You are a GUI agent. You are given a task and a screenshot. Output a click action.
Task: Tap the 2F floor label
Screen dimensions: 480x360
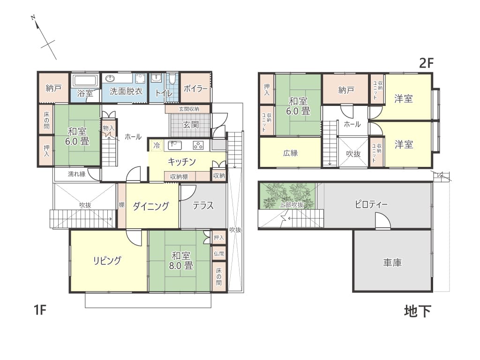pos(427,63)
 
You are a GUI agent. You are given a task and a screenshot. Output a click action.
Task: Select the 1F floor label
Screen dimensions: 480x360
pos(40,310)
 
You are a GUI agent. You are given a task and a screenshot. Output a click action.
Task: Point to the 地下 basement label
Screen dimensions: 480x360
pos(418,311)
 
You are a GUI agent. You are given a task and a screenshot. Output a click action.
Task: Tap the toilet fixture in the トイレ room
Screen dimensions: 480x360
pos(172,78)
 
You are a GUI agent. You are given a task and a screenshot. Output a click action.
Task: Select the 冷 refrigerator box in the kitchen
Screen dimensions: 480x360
pos(157,145)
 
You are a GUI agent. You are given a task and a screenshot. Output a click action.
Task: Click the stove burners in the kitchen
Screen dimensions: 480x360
pos(198,145)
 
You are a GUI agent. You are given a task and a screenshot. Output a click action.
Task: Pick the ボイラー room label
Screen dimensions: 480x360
pos(195,89)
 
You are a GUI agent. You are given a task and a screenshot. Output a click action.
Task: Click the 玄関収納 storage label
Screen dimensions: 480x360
pos(189,109)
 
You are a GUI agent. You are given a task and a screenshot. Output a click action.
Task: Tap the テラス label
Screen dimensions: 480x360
pos(203,205)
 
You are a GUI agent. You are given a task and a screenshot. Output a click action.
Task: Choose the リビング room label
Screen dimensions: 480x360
pos(107,261)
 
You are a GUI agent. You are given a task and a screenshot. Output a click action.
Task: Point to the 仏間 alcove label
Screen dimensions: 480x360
pos(219,254)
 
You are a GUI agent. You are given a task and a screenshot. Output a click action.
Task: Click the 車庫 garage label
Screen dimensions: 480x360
pos(392,262)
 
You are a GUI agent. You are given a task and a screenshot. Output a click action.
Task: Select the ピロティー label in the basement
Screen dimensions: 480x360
pos(371,204)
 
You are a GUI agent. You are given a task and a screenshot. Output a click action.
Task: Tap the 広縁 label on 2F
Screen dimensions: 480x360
pos(290,153)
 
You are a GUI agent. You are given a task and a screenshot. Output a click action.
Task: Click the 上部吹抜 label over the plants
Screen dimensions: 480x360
pos(292,205)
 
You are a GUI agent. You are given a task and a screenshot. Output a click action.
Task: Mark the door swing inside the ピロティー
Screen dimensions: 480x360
pos(383,221)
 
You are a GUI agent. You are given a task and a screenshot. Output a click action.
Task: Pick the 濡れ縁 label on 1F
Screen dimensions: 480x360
pos(76,174)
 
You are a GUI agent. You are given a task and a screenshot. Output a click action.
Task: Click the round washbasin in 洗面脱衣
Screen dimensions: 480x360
pos(110,79)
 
